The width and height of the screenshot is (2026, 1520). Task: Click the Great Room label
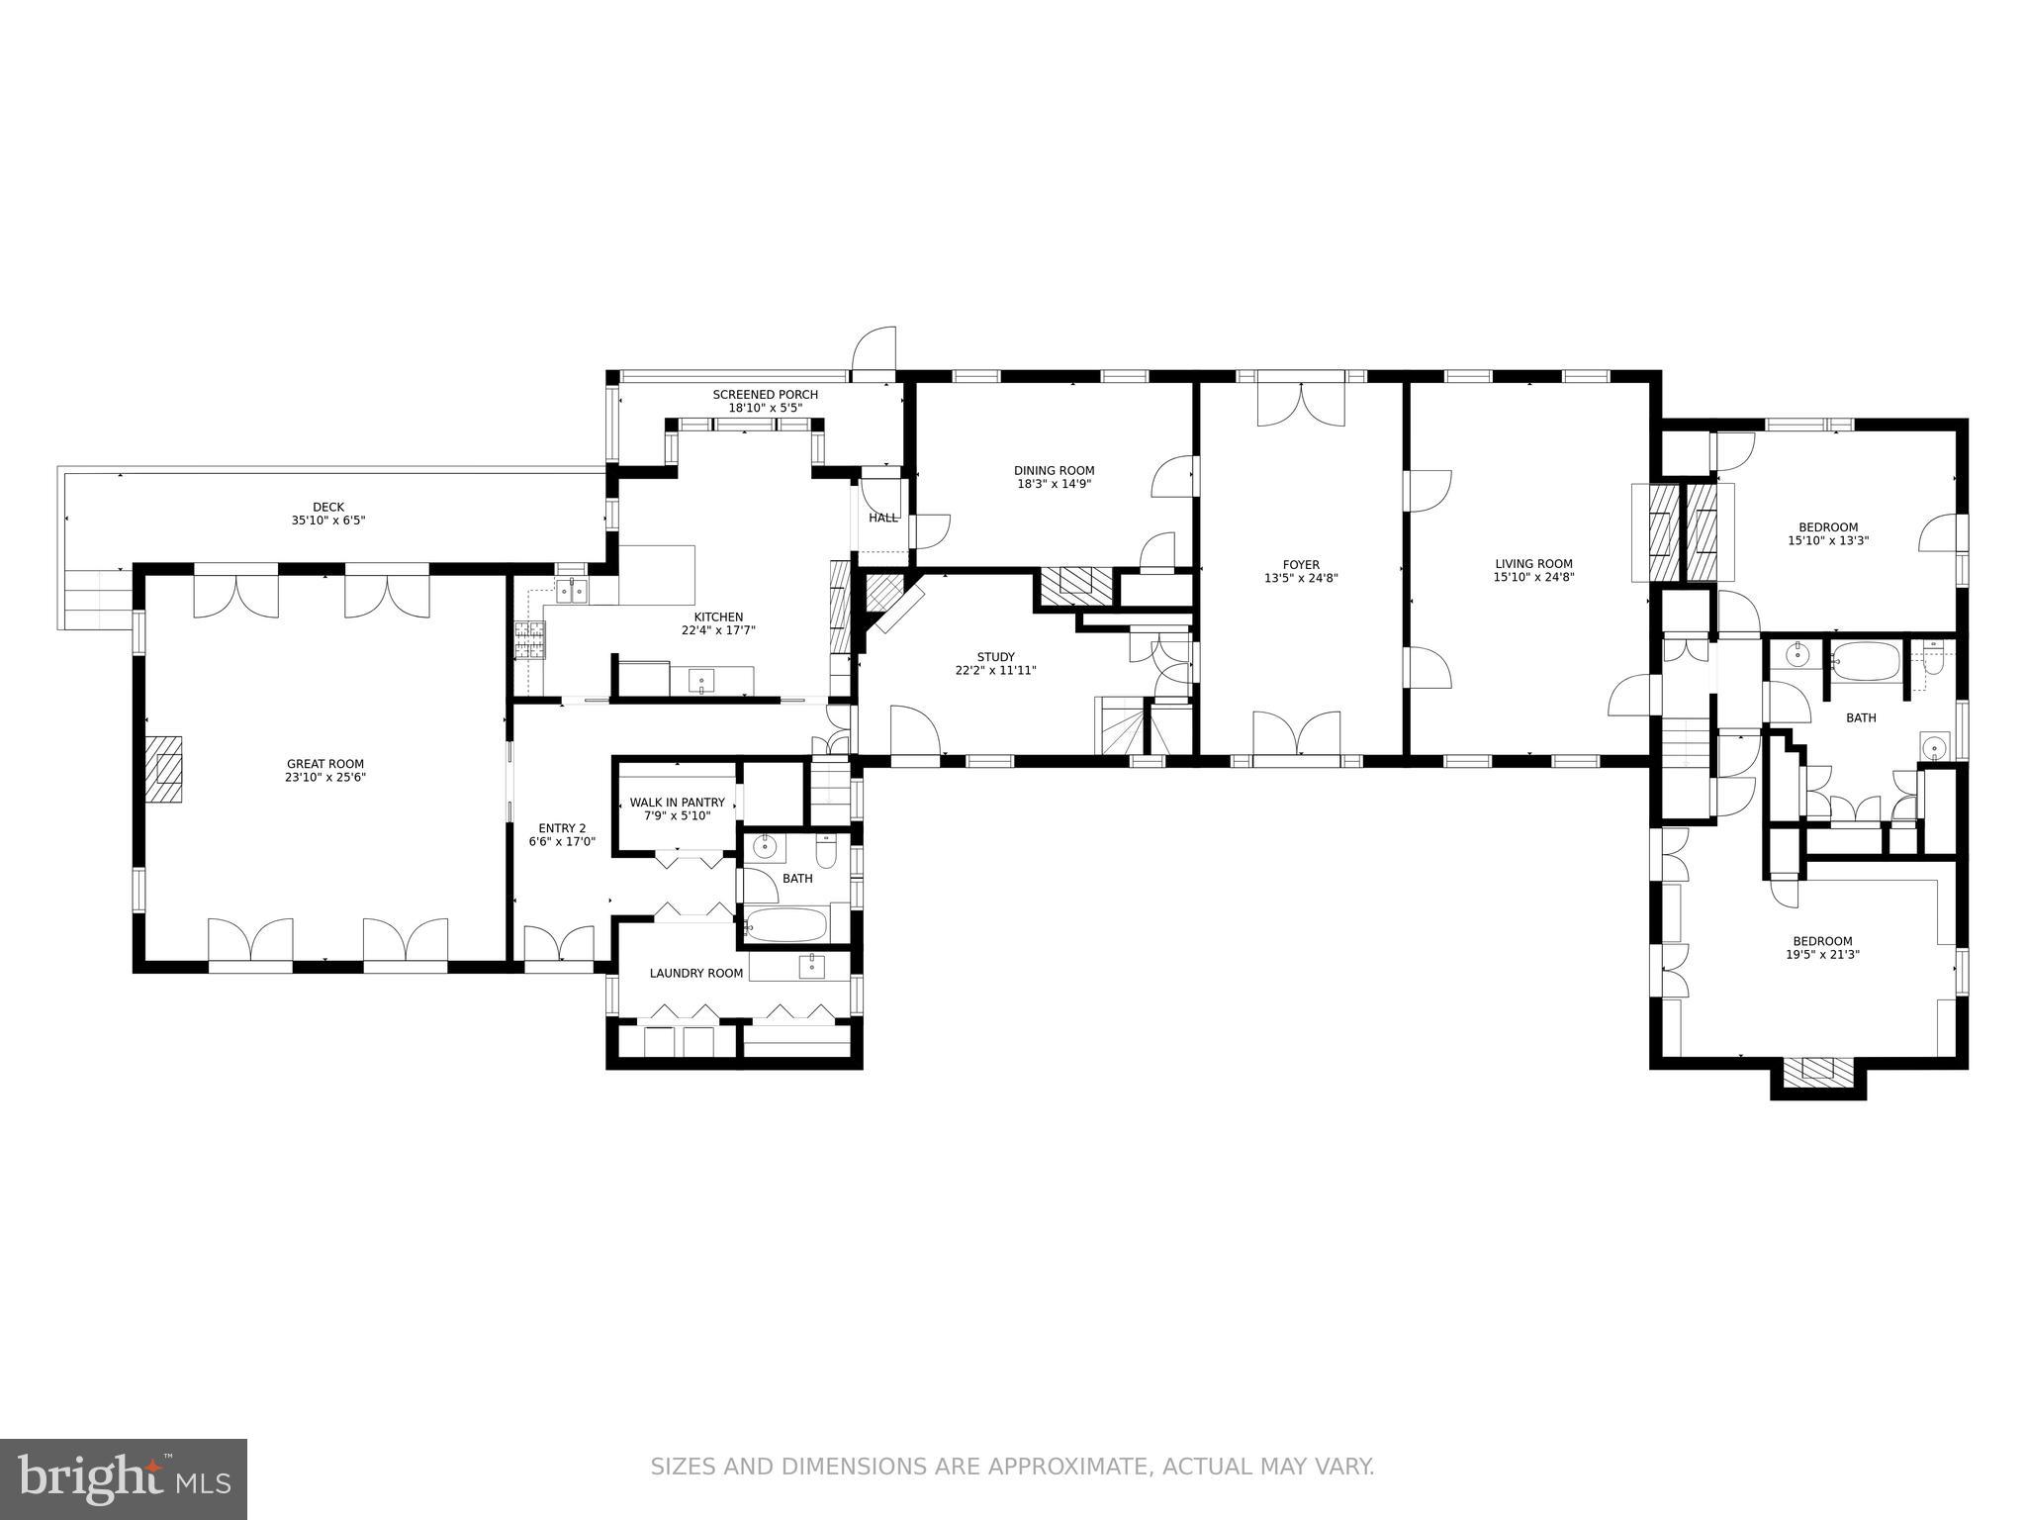pos(324,764)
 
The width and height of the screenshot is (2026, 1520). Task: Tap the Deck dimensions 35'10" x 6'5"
pos(327,520)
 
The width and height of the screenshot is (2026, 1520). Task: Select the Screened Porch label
pos(765,395)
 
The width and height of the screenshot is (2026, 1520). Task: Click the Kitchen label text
pos(717,617)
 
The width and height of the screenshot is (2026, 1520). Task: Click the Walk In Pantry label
pos(677,803)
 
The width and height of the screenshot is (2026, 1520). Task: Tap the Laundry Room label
pos(695,974)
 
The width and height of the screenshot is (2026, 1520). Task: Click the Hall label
pos(882,518)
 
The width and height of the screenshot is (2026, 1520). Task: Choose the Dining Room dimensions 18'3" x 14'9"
pos(1054,484)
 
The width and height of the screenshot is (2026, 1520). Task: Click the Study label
pos(995,657)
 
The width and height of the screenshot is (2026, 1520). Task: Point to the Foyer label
pos(1300,565)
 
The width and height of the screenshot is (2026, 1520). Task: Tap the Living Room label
pos(1532,564)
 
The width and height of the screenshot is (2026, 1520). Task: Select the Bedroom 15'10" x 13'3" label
pos(1827,527)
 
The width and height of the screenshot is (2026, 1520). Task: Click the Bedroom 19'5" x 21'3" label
pos(1822,941)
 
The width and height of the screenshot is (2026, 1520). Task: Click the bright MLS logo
pos(123,1479)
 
